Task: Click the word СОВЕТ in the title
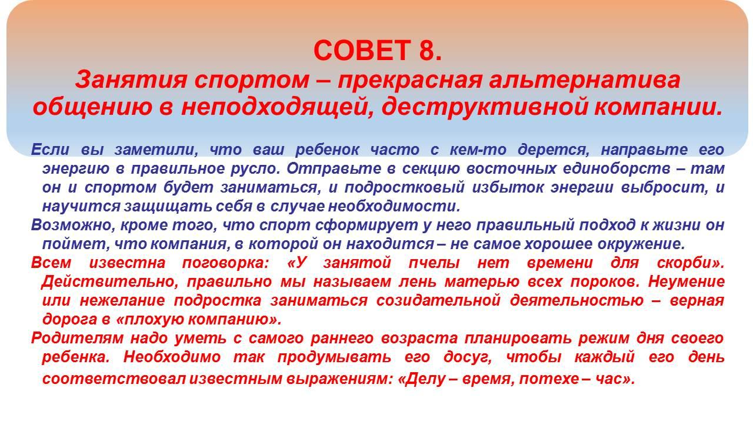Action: click(362, 50)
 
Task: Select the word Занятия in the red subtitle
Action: click(131, 81)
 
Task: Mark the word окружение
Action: click(641, 244)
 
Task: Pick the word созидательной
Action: click(438, 301)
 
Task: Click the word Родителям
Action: click(77, 339)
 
